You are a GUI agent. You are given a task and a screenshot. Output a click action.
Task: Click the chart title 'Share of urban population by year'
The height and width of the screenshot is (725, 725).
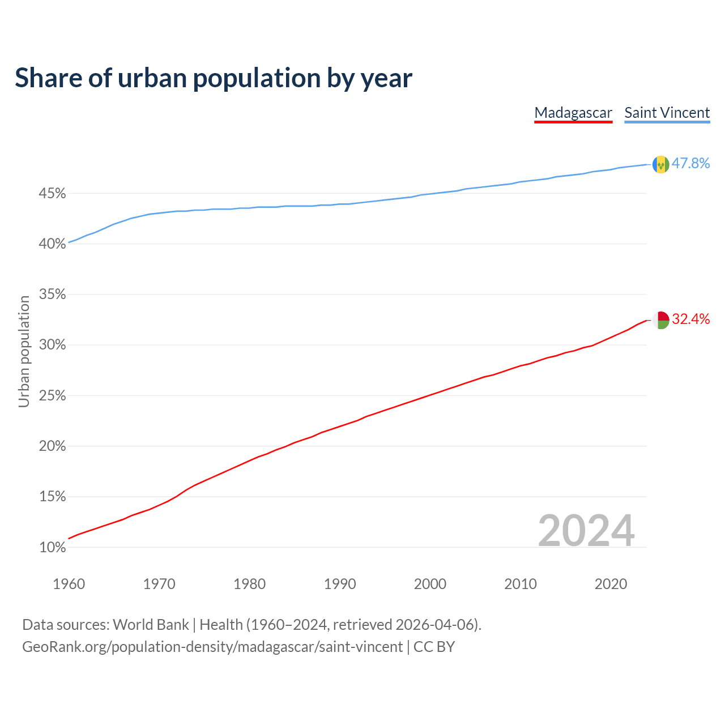point(213,78)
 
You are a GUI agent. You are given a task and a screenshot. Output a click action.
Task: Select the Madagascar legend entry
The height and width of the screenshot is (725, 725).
point(573,113)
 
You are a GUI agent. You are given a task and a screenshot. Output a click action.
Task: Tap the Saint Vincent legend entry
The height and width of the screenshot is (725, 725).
point(667,113)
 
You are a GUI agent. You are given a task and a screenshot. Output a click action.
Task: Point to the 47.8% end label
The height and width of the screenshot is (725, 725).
point(690,164)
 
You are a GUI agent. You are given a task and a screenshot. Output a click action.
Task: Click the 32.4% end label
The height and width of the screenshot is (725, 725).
point(690,319)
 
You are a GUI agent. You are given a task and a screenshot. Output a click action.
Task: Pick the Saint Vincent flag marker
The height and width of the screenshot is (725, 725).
point(661,164)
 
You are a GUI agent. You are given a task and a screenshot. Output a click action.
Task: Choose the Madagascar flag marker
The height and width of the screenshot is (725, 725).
point(661,320)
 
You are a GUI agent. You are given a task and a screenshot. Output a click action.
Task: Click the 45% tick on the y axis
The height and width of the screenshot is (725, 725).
point(52,194)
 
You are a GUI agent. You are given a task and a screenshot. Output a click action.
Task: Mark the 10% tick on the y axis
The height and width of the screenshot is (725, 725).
point(52,548)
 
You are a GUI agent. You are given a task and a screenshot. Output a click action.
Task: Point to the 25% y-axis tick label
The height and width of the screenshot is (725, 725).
point(52,396)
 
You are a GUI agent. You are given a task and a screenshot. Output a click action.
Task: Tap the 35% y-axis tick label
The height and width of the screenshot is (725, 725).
point(52,295)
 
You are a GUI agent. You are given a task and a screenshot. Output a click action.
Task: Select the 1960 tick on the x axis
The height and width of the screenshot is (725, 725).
point(69,584)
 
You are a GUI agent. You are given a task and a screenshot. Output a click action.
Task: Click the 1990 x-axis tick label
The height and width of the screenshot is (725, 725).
point(340,584)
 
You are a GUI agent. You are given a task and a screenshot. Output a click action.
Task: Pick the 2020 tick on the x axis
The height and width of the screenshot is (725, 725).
point(611,584)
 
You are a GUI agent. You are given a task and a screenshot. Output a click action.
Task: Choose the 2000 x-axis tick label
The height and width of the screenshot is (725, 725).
point(430,584)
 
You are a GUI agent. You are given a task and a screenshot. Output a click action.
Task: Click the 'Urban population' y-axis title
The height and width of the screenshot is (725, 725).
point(24,351)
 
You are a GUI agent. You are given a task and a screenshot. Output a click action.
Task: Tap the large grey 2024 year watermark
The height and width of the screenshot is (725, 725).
point(586,531)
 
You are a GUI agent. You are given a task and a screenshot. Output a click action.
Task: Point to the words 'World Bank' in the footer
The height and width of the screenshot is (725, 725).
point(151,625)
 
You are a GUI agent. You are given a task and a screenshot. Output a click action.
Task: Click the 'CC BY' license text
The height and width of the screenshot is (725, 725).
point(434,647)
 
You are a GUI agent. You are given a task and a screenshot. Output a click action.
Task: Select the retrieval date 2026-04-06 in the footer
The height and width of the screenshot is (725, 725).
point(434,625)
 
